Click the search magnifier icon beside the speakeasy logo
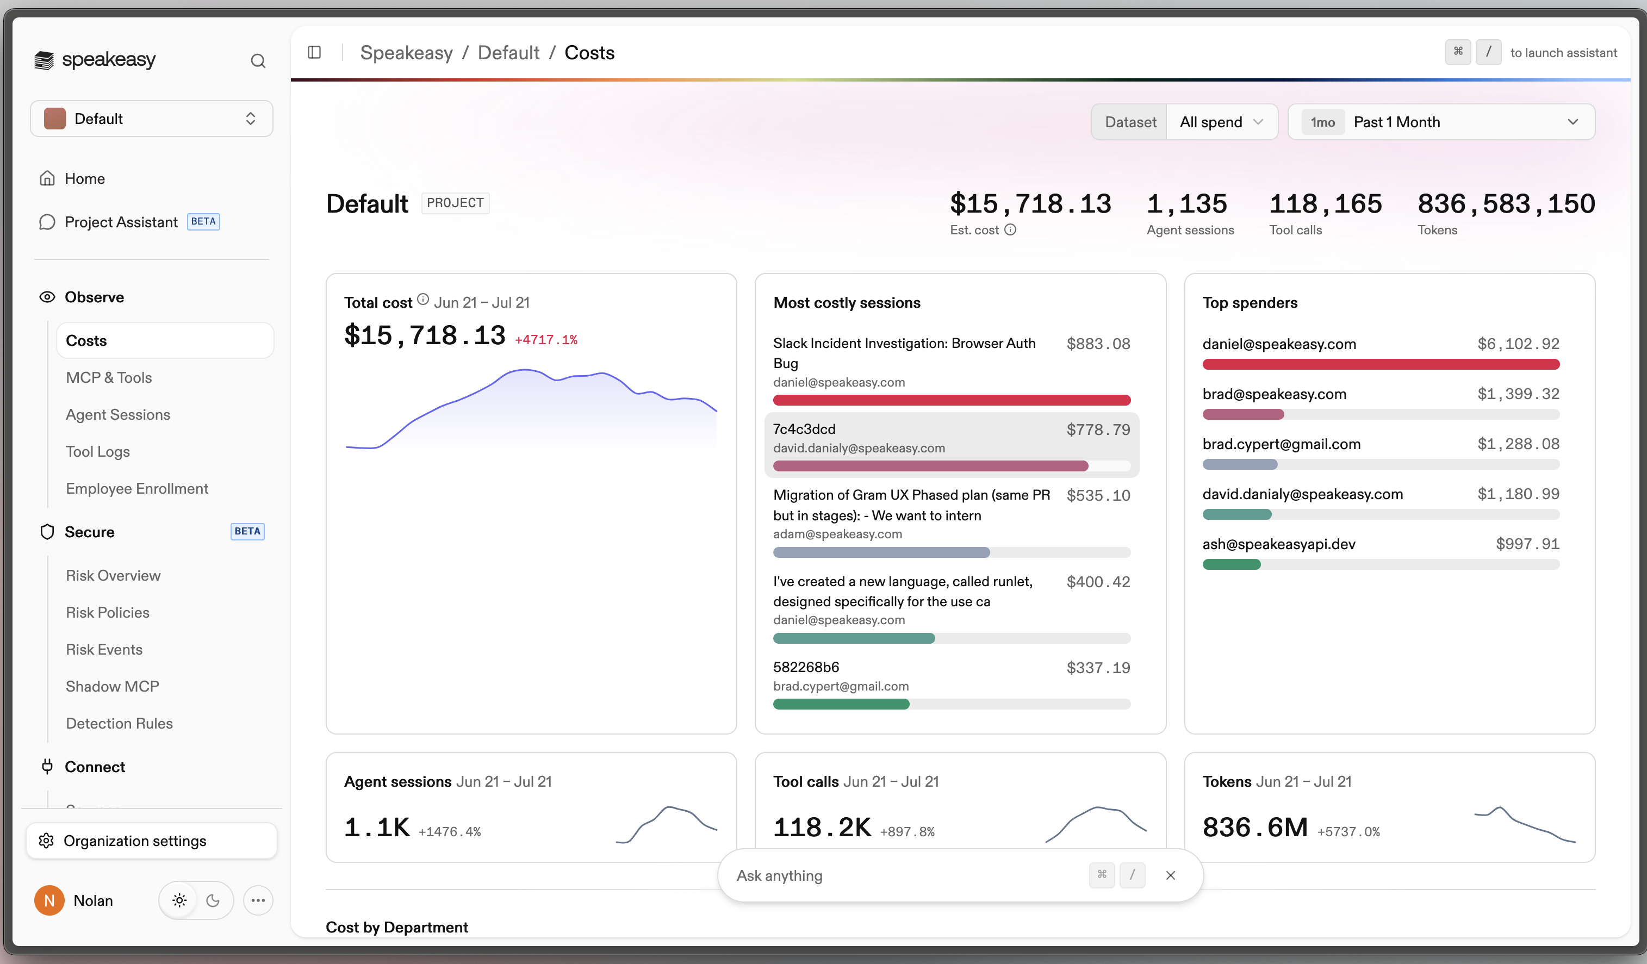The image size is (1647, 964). [258, 61]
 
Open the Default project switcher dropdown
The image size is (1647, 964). [152, 119]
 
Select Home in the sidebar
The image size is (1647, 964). [84, 178]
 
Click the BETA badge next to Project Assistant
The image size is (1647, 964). [203, 221]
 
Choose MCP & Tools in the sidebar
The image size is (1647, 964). [109, 377]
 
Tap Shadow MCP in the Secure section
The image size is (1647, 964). [113, 686]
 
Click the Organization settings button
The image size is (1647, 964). [152, 841]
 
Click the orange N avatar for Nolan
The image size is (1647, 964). [49, 900]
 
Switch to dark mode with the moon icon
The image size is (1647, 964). [213, 900]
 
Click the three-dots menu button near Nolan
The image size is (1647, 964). [258, 900]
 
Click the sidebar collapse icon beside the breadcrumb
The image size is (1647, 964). [314, 52]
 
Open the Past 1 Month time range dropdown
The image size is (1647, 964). [1441, 122]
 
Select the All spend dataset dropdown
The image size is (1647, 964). [1221, 122]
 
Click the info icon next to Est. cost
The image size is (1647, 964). [1010, 229]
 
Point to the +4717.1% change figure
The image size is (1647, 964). [546, 340]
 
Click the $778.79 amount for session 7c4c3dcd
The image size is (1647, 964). [1098, 430]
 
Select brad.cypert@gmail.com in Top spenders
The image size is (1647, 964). [1281, 444]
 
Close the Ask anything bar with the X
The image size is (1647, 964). [1171, 875]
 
